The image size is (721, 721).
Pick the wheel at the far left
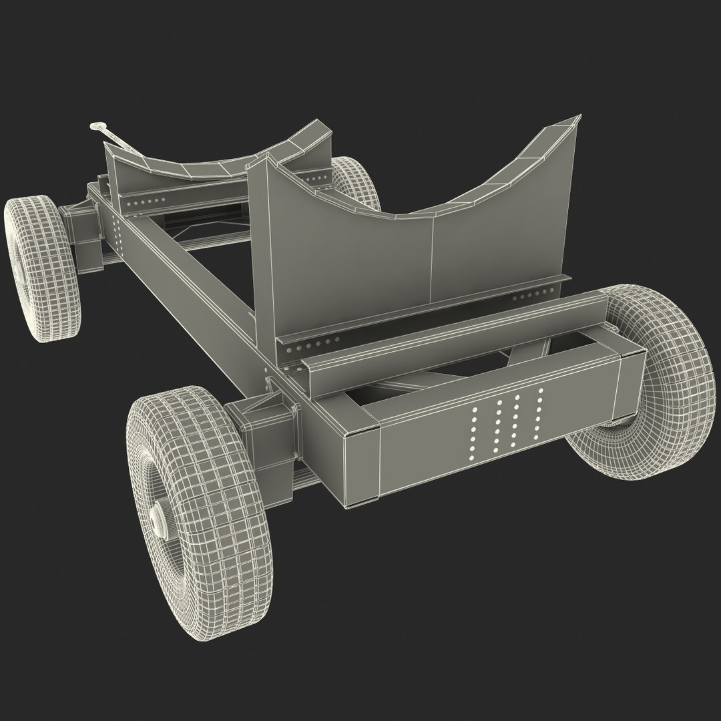pyautogui.click(x=41, y=264)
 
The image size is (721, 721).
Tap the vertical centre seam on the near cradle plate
pyautogui.click(x=432, y=257)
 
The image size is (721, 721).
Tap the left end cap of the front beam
pyautogui.click(x=359, y=467)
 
